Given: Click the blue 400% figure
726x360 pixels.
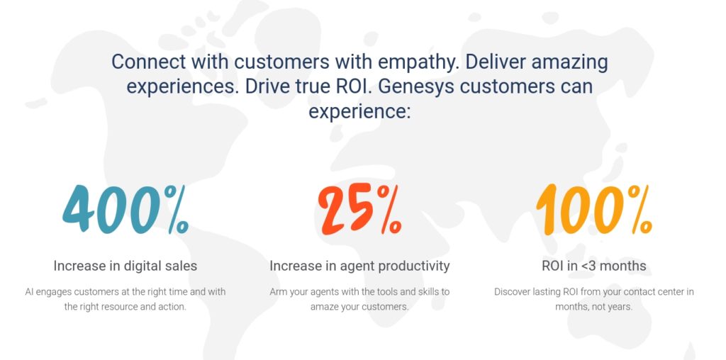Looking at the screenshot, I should click(125, 210).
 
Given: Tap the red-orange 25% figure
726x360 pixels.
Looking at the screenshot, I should click(359, 210).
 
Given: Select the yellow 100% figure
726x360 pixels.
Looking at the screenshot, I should click(593, 210).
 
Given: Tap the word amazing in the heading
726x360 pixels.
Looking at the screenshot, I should click(569, 62).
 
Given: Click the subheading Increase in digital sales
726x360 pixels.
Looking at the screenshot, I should click(125, 266).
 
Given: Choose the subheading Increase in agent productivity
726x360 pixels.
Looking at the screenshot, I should click(359, 266).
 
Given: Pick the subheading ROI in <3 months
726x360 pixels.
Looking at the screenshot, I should click(593, 266).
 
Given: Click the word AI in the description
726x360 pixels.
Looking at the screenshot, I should click(29, 292).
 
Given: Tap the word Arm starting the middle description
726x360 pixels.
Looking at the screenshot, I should click(279, 292).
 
